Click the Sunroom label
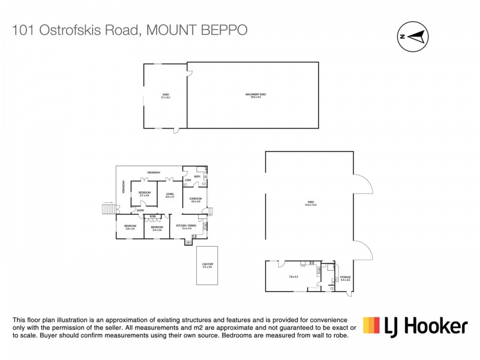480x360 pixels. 196,199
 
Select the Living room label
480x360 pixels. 170,193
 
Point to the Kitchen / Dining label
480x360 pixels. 182,226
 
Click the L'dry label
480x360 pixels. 188,181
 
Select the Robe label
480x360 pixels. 153,216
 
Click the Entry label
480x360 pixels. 140,210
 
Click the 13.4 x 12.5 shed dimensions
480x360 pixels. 310,205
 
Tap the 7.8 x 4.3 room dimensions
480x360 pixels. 293,277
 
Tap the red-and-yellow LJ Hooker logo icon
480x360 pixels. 371,325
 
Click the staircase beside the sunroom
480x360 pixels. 211,211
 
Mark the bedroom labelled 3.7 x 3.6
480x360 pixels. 145,194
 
